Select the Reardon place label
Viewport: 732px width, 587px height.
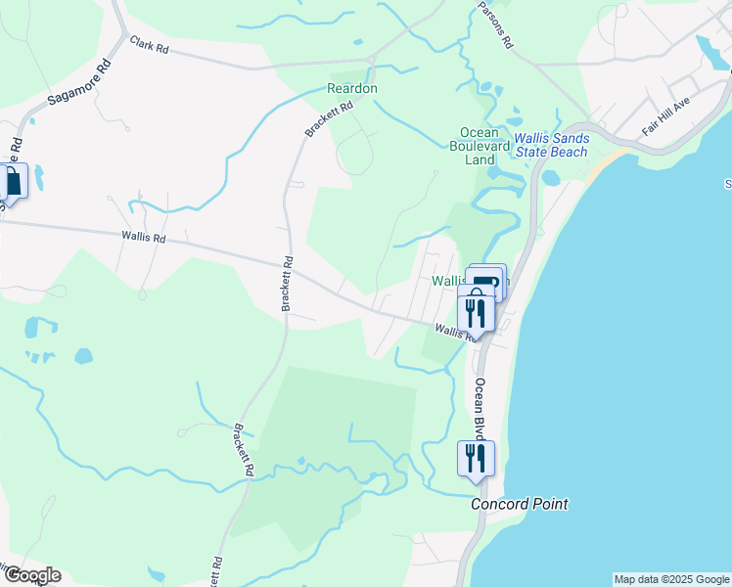(352, 88)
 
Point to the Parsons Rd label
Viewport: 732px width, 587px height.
(494, 23)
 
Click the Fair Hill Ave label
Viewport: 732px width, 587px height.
(666, 116)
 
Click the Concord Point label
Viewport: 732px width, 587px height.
(519, 505)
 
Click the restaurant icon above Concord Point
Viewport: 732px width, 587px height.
(476, 458)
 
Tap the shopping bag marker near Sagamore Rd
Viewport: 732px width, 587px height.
(13, 182)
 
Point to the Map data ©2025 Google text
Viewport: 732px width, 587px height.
(671, 579)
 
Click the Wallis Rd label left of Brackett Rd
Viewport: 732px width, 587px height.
(144, 237)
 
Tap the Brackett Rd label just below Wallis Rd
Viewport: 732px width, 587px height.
(288, 285)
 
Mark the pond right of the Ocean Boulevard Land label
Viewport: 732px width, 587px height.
(550, 178)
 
